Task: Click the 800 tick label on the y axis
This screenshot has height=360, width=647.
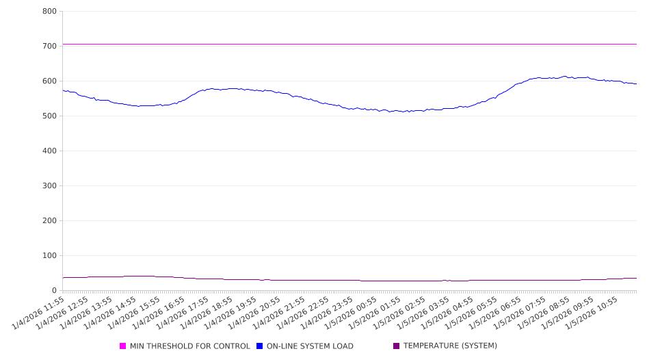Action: (49, 12)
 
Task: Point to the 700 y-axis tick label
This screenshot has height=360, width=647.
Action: (49, 47)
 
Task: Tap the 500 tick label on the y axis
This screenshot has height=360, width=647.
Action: (49, 116)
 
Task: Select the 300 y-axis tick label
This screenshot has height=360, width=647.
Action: (49, 186)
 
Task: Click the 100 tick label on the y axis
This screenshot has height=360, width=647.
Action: (49, 256)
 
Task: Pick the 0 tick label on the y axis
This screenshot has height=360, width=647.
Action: (54, 291)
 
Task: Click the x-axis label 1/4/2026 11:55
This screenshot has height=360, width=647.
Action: (40, 312)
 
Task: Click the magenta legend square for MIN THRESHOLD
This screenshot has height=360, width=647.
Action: (123, 346)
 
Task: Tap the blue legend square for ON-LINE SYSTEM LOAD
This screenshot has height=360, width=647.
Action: (260, 346)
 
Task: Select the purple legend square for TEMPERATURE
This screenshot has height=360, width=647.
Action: (397, 346)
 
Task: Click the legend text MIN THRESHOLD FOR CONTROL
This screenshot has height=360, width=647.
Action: (189, 346)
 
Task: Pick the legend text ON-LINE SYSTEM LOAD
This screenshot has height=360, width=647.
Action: (310, 346)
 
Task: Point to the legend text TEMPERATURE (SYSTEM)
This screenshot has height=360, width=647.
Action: (450, 346)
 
